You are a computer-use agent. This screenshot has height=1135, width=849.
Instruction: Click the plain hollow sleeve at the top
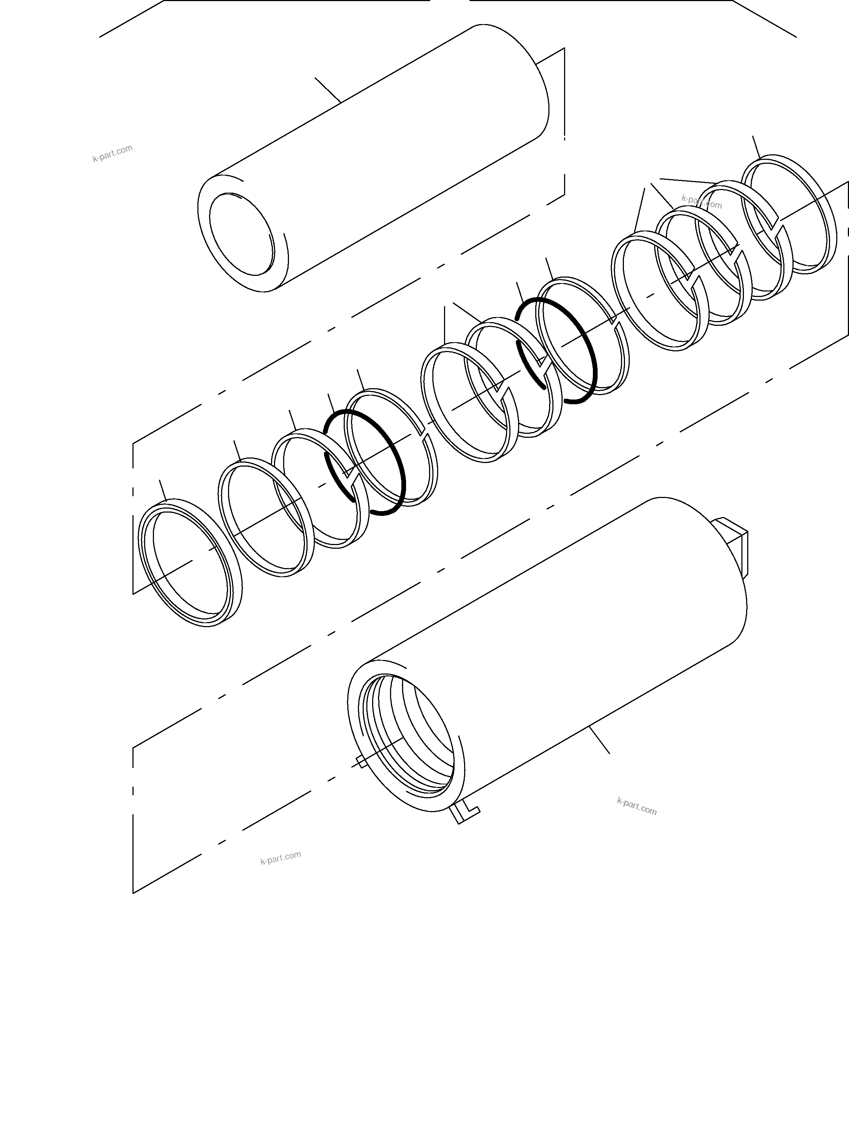point(390,154)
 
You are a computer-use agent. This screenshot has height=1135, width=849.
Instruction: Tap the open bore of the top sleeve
point(241,234)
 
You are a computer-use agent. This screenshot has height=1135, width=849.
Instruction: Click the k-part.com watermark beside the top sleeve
point(112,153)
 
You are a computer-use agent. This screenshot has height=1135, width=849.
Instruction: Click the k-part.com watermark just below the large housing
point(637,806)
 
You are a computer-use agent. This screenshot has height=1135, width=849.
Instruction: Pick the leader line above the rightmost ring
point(756,147)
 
